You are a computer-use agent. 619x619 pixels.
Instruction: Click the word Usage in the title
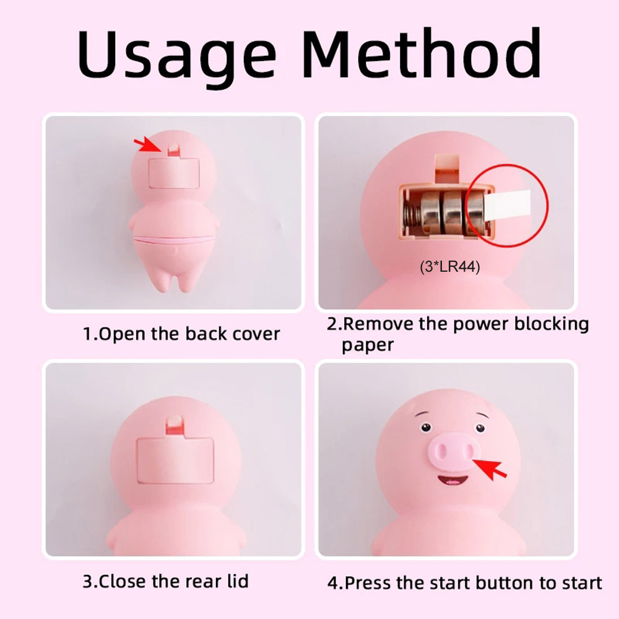coord(176,56)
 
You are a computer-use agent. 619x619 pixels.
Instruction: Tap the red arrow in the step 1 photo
coord(148,144)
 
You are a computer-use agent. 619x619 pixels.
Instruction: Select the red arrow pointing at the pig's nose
coord(490,469)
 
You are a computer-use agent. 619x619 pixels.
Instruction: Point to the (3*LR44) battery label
coord(449,267)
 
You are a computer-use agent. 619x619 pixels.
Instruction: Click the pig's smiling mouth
coord(452,481)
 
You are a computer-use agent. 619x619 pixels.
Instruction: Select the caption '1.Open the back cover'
coord(181,334)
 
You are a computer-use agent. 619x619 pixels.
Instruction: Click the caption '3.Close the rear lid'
coord(165,581)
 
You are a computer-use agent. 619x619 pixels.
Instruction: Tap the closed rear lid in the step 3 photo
coord(175,460)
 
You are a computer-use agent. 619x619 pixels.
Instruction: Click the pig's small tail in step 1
coord(173,251)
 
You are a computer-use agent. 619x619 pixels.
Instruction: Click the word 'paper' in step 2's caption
coord(368,345)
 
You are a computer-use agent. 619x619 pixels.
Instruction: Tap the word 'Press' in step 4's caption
coord(369,582)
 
